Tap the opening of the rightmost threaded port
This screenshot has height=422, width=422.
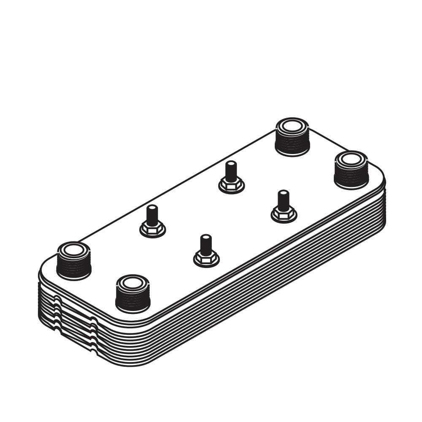[351, 159]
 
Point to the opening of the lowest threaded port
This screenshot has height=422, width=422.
[133, 283]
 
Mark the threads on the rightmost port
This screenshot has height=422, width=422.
[351, 177]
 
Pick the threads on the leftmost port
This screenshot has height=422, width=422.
[73, 268]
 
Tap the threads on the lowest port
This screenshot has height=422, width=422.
[133, 301]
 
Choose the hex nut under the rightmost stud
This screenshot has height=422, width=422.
[284, 214]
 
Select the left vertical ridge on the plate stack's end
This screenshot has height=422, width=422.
[57, 314]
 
